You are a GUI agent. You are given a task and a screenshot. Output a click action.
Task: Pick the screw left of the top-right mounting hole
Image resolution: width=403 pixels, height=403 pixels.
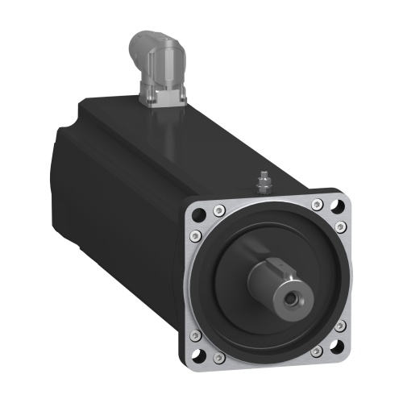tap(318, 201)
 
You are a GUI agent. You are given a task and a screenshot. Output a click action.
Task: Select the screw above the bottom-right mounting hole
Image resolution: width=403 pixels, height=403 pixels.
tap(341, 325)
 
